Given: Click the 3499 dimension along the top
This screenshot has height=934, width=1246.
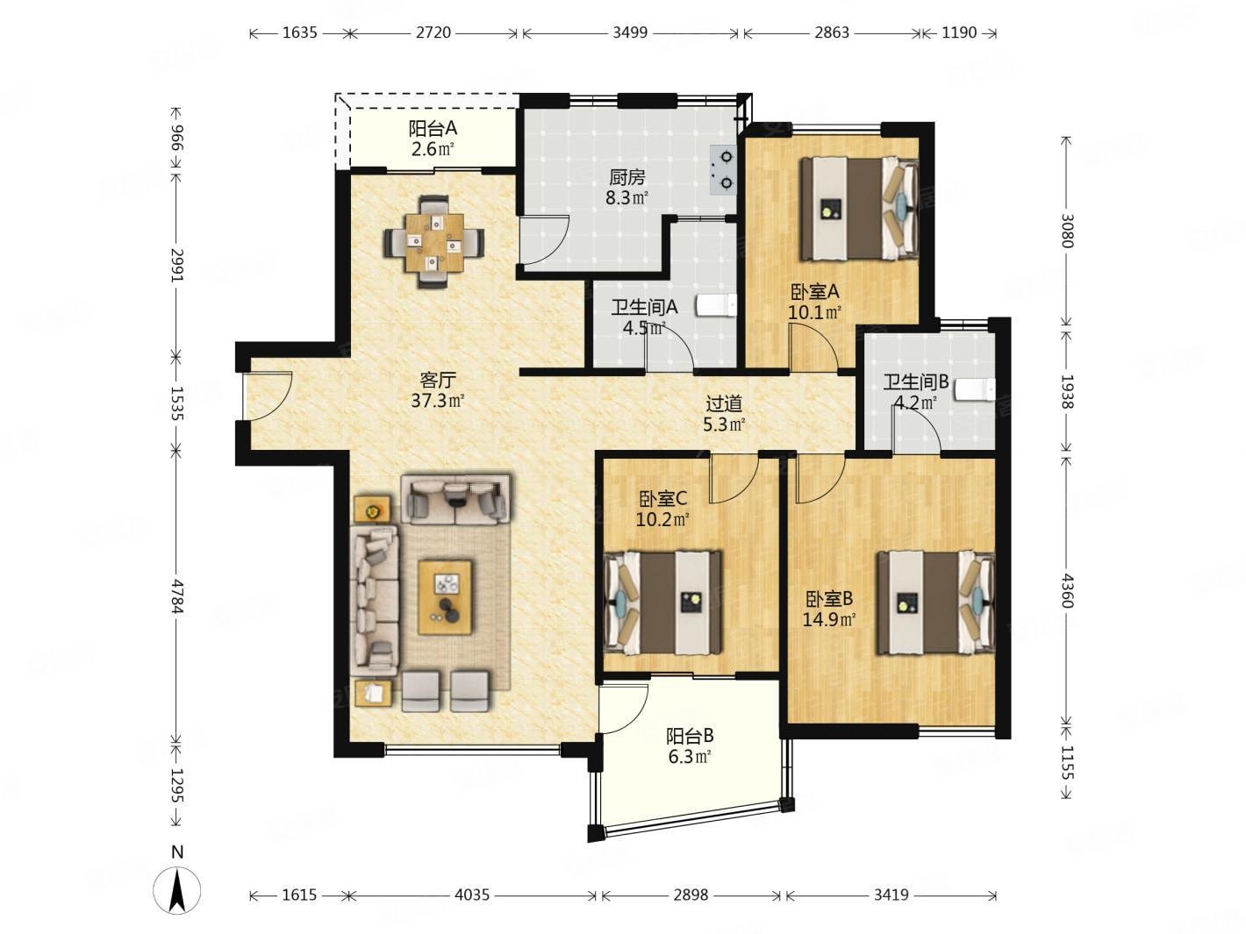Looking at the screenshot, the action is click(x=630, y=33).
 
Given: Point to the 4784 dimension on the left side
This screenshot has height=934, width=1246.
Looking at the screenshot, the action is click(x=177, y=596).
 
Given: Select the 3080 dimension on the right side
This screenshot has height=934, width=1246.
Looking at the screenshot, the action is click(x=1067, y=230).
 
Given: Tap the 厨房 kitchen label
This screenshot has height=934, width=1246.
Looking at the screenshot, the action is click(x=627, y=178).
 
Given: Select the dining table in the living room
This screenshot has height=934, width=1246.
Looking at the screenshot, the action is click(x=434, y=242).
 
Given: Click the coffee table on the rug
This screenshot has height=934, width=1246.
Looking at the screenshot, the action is click(x=445, y=596).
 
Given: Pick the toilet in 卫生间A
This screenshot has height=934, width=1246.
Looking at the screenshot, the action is click(x=716, y=305).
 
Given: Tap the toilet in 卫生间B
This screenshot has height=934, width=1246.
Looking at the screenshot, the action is click(x=975, y=390).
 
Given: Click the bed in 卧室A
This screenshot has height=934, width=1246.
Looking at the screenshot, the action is click(x=859, y=208).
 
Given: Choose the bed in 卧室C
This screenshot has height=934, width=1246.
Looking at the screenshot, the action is click(x=663, y=602).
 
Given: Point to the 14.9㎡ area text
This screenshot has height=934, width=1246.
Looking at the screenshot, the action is click(x=829, y=618).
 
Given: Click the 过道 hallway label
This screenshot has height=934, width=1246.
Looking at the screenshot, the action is click(x=724, y=403).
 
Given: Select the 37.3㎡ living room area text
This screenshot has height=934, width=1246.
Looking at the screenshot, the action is click(x=438, y=401).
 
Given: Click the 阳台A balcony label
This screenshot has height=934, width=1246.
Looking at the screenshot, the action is click(x=433, y=129).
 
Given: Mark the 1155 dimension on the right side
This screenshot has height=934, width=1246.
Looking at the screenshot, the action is click(x=1067, y=762).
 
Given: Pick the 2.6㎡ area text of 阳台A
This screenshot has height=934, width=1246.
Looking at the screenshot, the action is click(x=433, y=149).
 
